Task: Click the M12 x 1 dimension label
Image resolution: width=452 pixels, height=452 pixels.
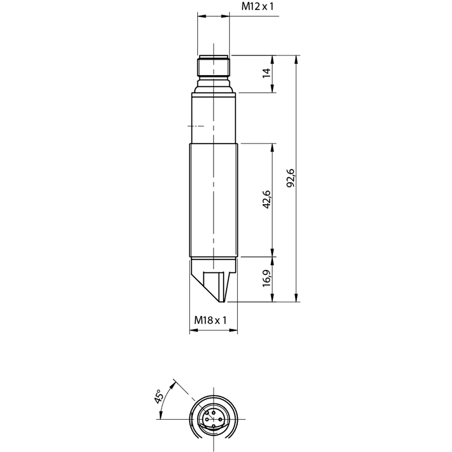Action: coord(257,6)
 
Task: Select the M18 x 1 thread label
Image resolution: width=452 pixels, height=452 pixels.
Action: coord(210,320)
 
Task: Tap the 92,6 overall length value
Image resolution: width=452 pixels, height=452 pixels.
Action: coord(291,178)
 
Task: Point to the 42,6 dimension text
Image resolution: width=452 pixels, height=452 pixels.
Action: coord(267,199)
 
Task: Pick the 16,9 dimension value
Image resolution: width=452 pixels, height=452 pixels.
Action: coord(267,278)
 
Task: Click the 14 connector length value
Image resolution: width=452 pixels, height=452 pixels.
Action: coord(267,73)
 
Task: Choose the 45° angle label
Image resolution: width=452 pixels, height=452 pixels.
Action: coord(159,396)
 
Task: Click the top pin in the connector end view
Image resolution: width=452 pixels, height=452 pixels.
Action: coord(214,412)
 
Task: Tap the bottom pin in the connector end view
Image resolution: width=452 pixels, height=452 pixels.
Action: coord(214,426)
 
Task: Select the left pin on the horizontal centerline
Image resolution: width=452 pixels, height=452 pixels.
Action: coord(207,419)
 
